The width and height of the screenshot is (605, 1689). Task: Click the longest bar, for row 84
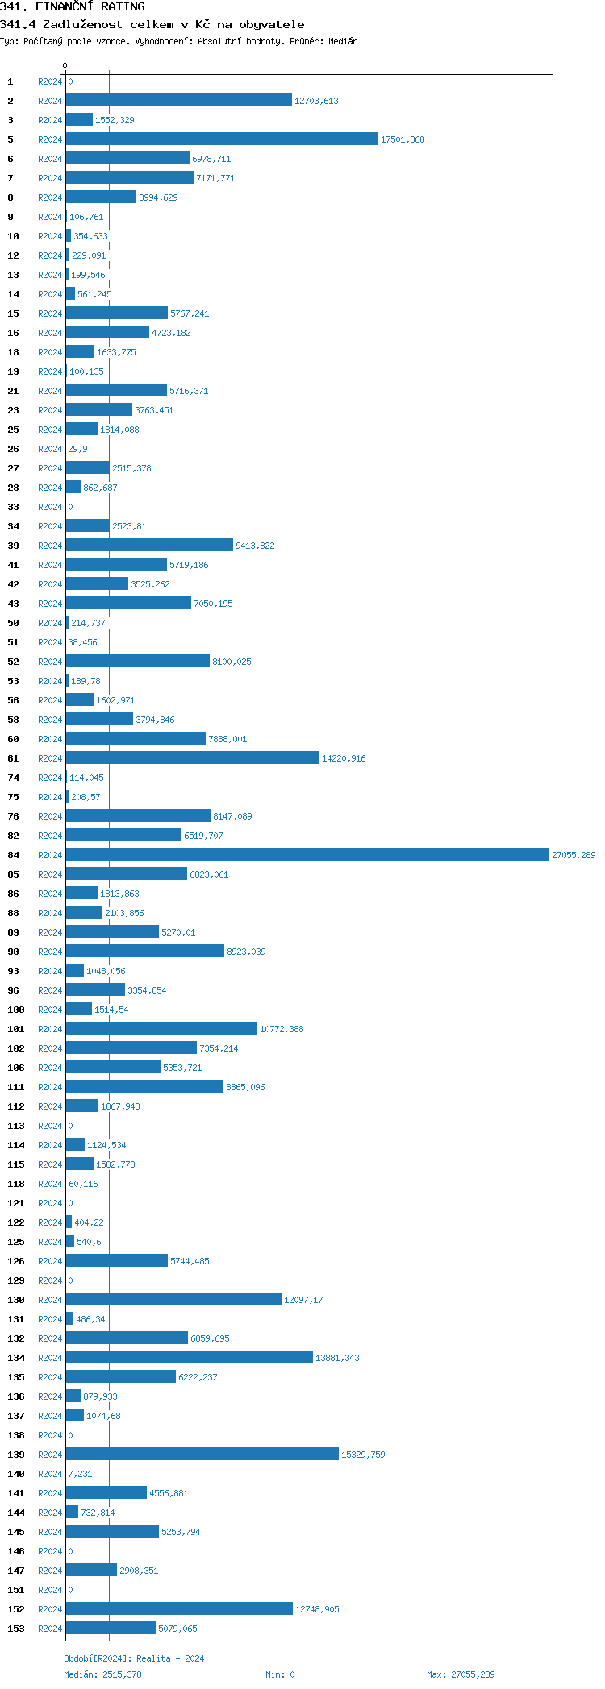coord(307,854)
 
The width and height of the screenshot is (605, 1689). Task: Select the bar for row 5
coord(222,139)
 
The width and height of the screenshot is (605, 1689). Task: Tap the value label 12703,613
coord(316,101)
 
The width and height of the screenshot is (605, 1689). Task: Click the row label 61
coord(14,758)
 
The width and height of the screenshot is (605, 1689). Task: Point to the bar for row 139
coord(202,1454)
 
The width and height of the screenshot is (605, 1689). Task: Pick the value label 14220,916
coord(344,758)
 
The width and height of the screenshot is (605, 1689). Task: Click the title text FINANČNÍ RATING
coord(90,6)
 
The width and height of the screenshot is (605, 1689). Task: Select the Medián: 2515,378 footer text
coord(102,1674)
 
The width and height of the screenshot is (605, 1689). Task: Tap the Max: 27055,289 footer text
coord(461,1674)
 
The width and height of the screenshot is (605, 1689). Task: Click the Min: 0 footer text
coord(280,1674)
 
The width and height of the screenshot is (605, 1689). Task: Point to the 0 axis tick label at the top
coord(65,65)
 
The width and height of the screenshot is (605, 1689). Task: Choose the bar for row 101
coord(161,1028)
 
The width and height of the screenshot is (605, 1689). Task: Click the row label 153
coord(16,1629)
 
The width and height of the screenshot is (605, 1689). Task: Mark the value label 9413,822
coord(255,546)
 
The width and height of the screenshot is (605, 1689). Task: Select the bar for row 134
coord(189,1357)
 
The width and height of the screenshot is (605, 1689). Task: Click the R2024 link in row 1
coord(50,81)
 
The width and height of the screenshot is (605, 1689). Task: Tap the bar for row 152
coord(179,1608)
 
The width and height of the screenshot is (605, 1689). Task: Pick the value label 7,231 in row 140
coord(80,1474)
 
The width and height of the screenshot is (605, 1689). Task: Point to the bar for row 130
coord(173,1299)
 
